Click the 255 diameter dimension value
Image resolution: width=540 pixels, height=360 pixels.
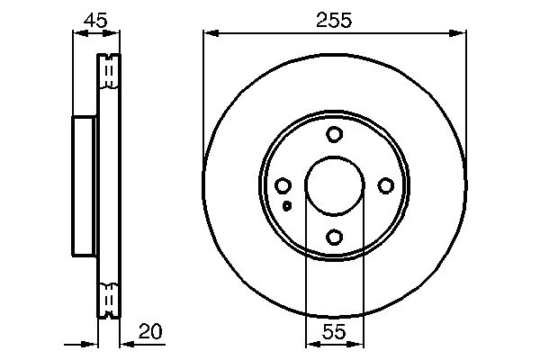[x=334, y=18]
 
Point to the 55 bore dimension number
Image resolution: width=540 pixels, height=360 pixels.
[x=334, y=331]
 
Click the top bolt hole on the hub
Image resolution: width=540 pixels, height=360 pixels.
[x=335, y=135]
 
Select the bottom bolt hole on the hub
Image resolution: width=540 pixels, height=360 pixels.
[x=335, y=237]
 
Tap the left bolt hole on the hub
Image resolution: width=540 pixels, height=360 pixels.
[x=283, y=185]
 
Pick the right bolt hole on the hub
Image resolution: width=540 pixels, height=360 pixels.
[x=386, y=185]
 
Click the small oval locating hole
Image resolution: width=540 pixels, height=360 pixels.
[x=287, y=206]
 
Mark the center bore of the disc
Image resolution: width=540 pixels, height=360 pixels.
[x=335, y=186]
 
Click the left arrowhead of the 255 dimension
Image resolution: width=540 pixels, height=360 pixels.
[x=210, y=34]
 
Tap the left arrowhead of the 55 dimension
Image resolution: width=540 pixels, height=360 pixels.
[x=311, y=344]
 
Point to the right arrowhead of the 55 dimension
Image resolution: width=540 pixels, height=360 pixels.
[x=358, y=344]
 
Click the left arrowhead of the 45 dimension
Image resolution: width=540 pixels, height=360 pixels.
[x=76, y=34]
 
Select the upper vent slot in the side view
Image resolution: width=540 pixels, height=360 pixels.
[x=109, y=71]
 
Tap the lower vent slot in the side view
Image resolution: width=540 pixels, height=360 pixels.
[x=109, y=299]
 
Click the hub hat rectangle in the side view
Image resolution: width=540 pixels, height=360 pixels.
[x=84, y=186]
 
